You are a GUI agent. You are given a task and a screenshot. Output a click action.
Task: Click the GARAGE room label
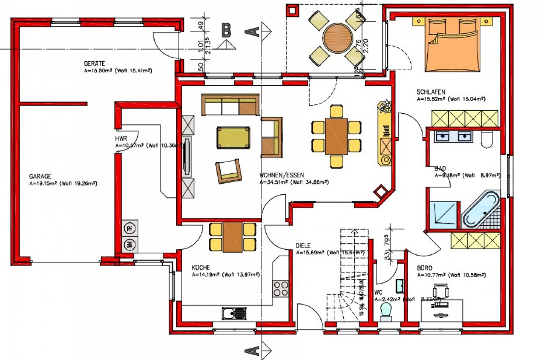(x=40, y=176)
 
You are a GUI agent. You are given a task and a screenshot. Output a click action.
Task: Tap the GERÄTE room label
(x=94, y=64)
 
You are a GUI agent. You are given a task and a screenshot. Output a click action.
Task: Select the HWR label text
(x=121, y=139)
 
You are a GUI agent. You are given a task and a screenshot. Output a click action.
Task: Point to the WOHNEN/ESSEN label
(x=282, y=175)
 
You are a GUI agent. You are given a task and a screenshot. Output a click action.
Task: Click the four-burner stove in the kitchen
(x=280, y=289)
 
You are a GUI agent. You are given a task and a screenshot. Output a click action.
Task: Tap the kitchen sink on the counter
(x=234, y=313)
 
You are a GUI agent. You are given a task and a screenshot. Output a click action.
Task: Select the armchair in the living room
(x=229, y=171)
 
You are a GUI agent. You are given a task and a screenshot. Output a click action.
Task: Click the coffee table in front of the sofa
(x=233, y=137)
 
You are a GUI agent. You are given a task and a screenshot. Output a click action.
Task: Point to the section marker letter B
(x=227, y=30)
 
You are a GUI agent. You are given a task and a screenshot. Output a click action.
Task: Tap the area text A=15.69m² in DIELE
(x=310, y=252)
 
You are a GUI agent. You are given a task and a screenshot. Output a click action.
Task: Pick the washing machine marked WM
(x=129, y=244)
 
